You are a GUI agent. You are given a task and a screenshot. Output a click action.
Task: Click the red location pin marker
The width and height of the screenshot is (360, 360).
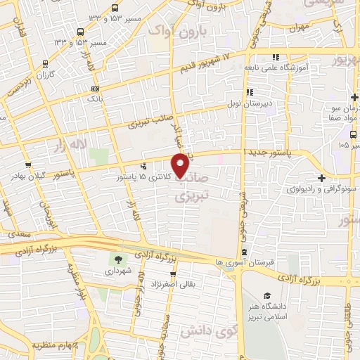pos(180,165)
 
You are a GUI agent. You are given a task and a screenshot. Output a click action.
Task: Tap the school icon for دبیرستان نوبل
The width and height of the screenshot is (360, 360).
pos(249,92)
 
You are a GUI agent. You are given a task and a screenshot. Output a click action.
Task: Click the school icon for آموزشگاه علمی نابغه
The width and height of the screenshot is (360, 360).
pos(276,56)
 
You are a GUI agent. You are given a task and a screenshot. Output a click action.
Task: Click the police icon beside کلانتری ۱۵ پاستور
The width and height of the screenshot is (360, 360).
pos(144,167)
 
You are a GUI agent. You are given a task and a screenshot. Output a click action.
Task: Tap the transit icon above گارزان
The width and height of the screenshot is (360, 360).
pos(46,63)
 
